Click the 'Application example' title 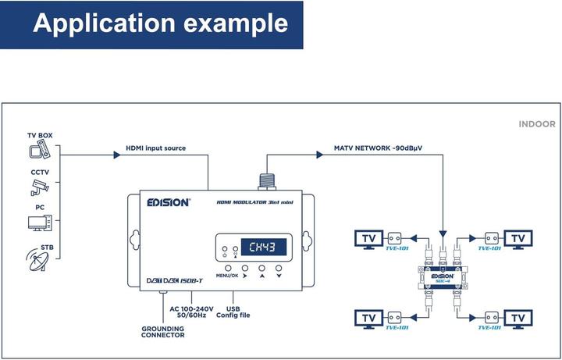[x=160, y=24]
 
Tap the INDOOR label [x=537, y=124]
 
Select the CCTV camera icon [x=40, y=186]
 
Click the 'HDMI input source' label [x=155, y=148]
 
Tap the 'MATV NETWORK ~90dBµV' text [x=372, y=148]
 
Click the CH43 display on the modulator [x=262, y=248]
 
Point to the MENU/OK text [x=227, y=276]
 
